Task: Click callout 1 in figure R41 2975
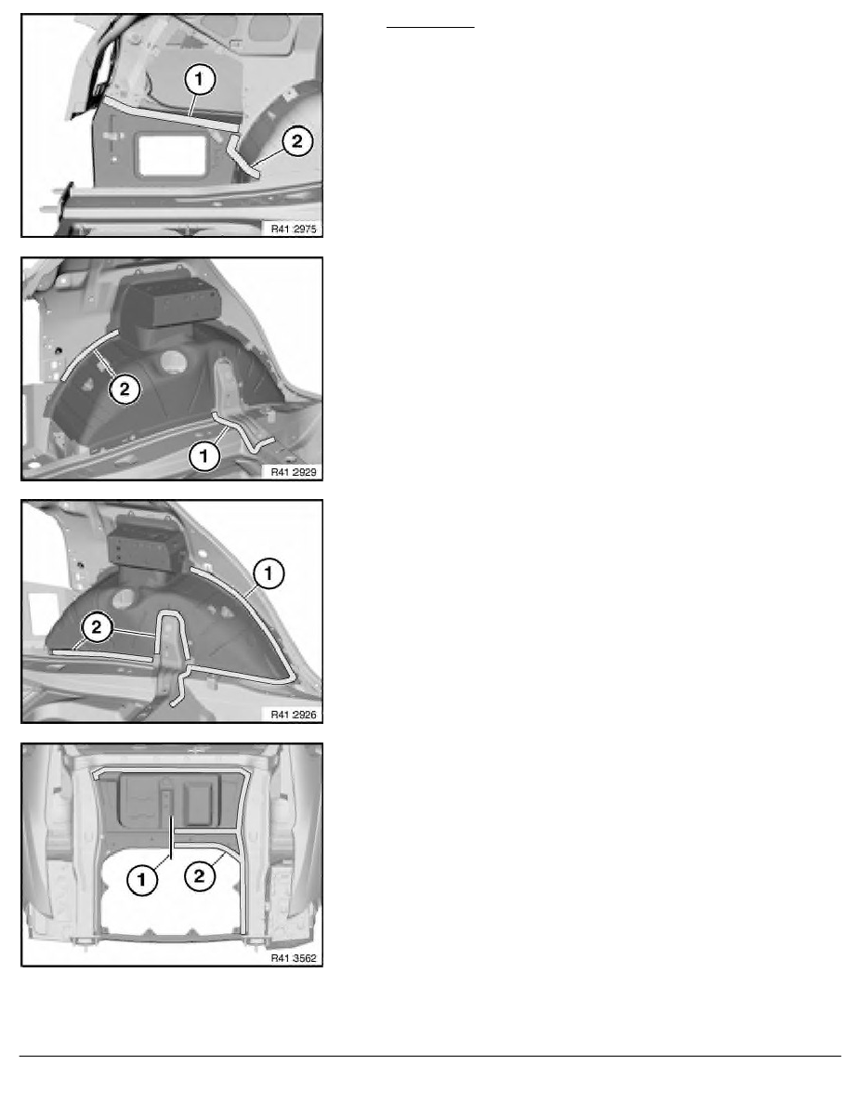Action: (x=199, y=79)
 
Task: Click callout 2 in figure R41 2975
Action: (x=297, y=141)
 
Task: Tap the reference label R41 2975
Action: (x=294, y=229)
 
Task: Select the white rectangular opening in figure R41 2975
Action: (x=173, y=155)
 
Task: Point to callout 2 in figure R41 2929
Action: (x=125, y=388)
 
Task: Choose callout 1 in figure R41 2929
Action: (x=204, y=455)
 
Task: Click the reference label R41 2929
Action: (x=294, y=472)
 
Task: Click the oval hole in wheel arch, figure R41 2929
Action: (x=171, y=361)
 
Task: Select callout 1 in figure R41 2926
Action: (x=269, y=573)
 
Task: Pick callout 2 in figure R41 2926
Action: (x=97, y=626)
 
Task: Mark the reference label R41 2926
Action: (x=294, y=715)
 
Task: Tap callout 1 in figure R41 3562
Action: (x=142, y=879)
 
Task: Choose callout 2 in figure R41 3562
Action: (x=199, y=876)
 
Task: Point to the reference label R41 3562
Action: (x=294, y=958)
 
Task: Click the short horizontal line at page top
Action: (x=430, y=28)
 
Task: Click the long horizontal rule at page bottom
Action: (x=430, y=1056)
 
